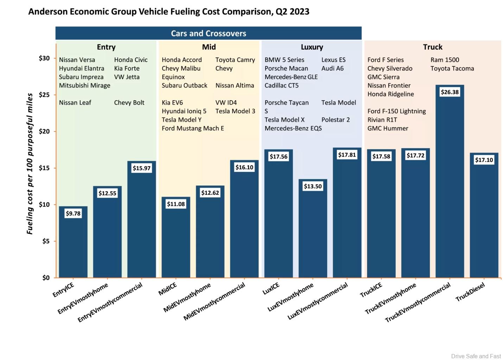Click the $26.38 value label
click(450, 92)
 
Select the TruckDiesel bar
click(484, 218)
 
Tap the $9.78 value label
click(73, 213)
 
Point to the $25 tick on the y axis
click(44, 95)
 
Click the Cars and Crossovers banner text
click(209, 33)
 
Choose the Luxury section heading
click(312, 47)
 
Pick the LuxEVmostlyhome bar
click(313, 232)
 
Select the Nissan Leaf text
click(75, 103)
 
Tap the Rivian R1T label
click(382, 120)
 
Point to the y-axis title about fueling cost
click(30, 164)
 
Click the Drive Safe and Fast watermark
click(476, 356)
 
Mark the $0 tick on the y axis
click(46, 278)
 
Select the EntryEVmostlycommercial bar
click(141, 225)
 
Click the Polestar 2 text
click(336, 120)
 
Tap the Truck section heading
click(433, 47)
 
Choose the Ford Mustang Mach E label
click(193, 128)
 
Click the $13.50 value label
click(313, 186)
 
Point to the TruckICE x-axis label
click(371, 290)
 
